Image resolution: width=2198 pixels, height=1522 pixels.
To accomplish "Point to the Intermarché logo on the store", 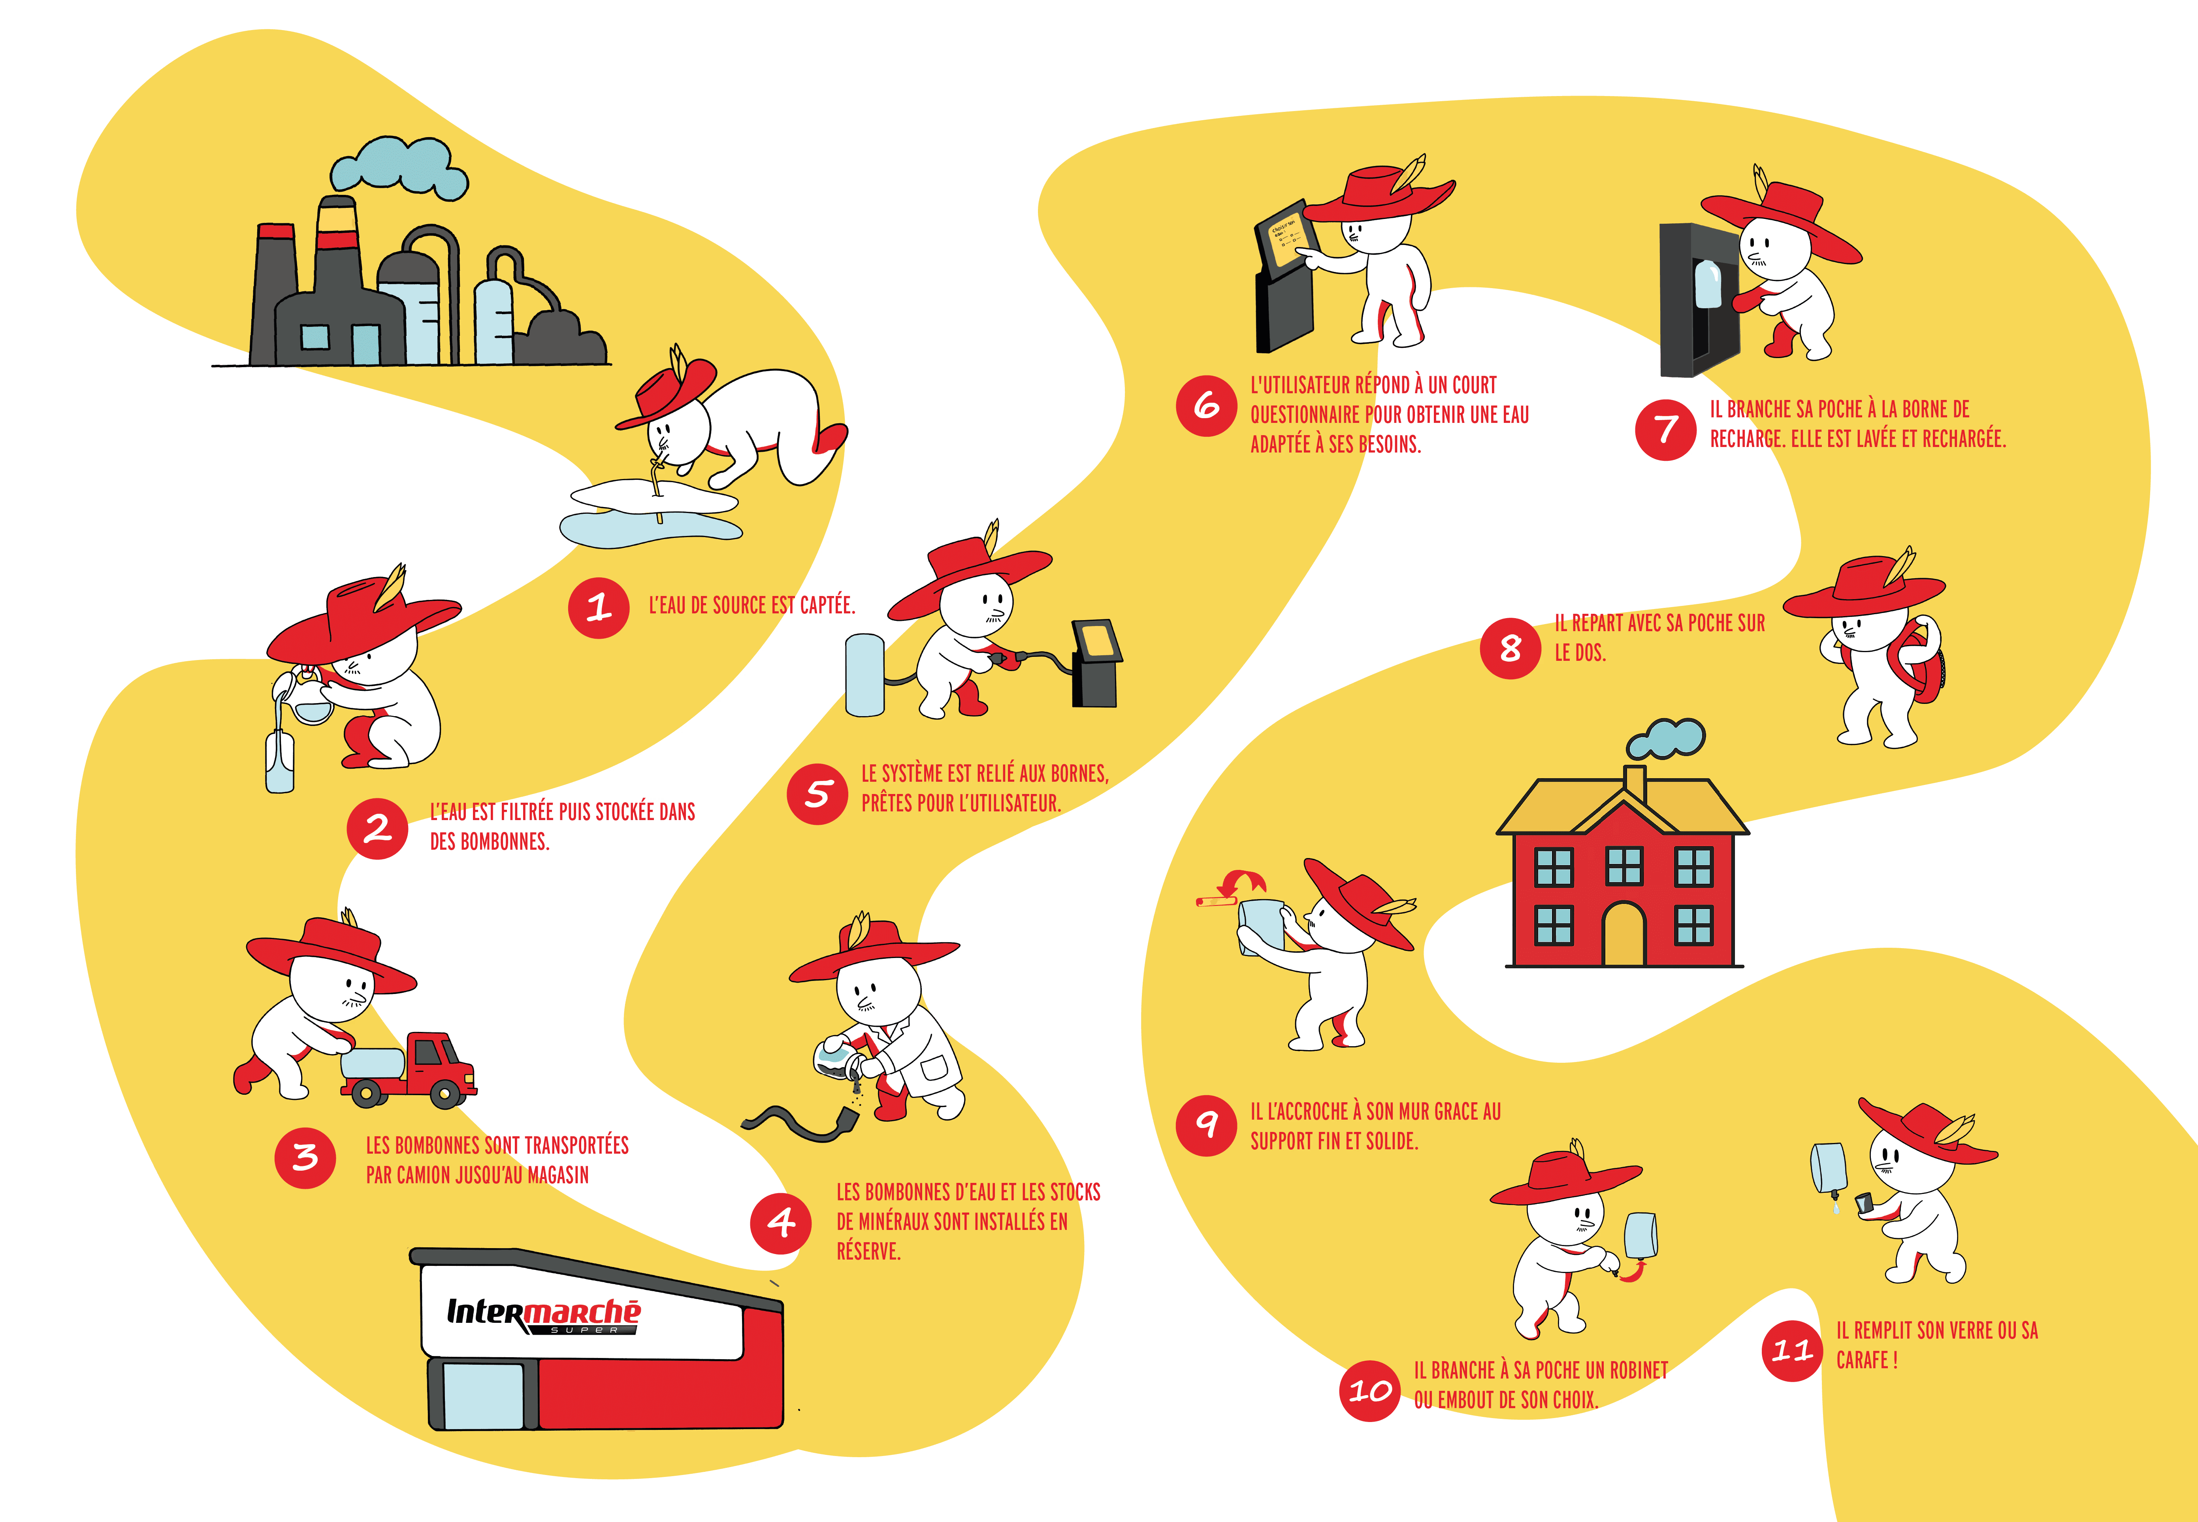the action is [543, 1314].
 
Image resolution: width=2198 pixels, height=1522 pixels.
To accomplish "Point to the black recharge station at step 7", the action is [1697, 300].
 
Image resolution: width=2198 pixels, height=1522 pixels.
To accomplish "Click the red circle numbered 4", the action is [781, 1222].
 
